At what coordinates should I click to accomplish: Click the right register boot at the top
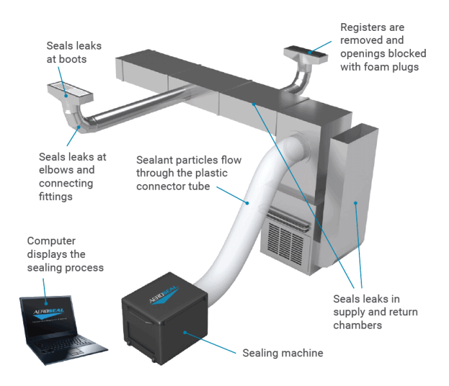[x=310, y=52]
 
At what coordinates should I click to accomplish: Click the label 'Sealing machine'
[x=282, y=353]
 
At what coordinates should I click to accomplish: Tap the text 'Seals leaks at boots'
[x=73, y=52]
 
